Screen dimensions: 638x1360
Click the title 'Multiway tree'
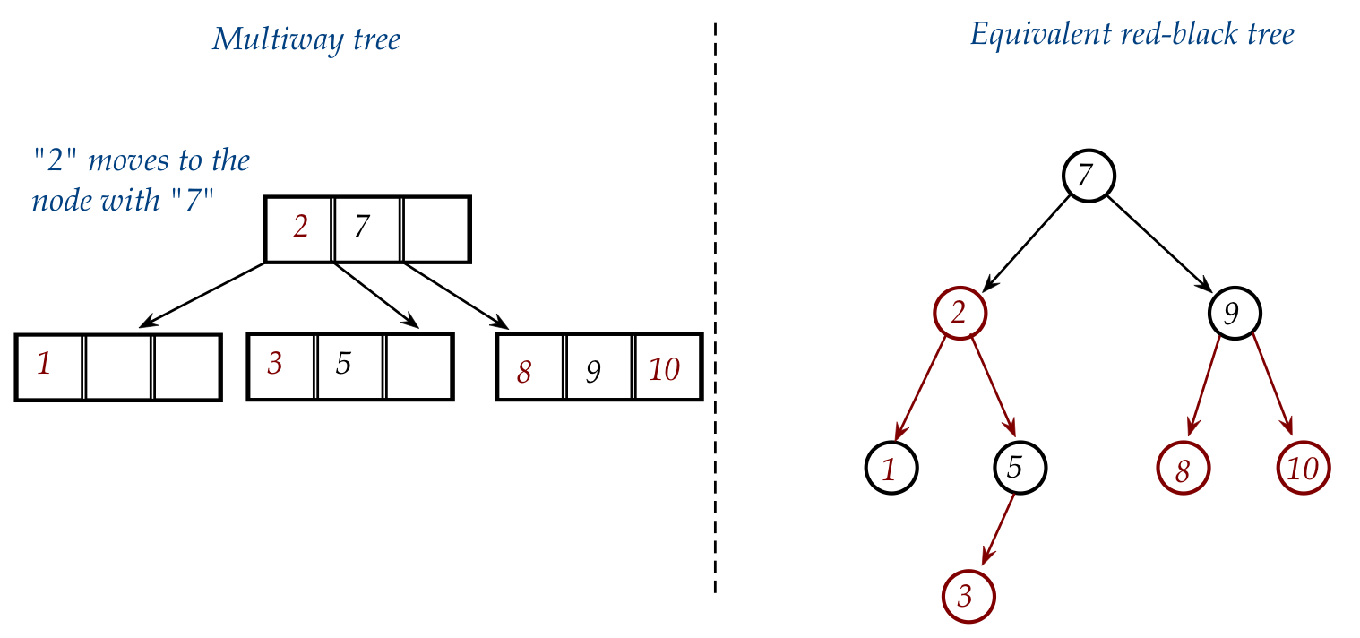(x=306, y=40)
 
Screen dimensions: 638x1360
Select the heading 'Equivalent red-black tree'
(x=1132, y=36)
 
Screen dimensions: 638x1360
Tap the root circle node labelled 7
(x=1089, y=176)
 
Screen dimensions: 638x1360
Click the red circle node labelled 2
(x=960, y=313)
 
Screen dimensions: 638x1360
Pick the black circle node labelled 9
(x=1234, y=313)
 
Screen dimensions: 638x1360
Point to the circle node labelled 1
(x=891, y=469)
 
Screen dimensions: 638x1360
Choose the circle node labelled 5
(x=1019, y=467)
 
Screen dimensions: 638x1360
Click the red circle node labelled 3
(x=968, y=596)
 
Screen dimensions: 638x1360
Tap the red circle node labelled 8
(x=1183, y=469)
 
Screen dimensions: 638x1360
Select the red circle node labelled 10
(x=1303, y=469)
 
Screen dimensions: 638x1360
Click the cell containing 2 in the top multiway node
(x=299, y=228)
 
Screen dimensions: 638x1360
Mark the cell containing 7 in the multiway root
(x=367, y=228)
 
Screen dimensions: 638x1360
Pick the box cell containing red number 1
(x=50, y=366)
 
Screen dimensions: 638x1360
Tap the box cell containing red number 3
(x=281, y=366)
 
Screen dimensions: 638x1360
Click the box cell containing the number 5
(x=350, y=366)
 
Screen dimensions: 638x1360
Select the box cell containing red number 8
(x=530, y=367)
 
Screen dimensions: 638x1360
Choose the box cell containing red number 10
(x=667, y=367)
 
